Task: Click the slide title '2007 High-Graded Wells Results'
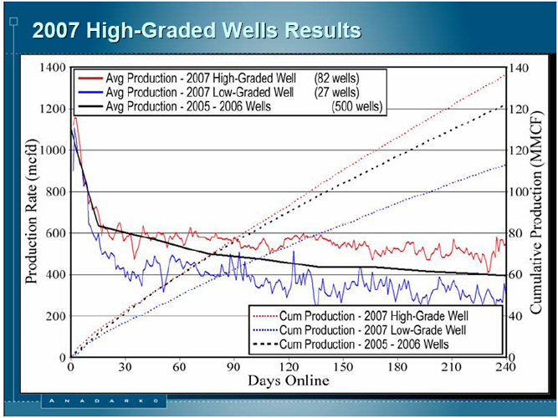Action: [197, 30]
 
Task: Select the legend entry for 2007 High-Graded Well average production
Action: [187, 79]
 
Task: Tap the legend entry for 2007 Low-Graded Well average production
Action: [186, 93]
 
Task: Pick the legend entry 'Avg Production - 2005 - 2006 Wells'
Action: [174, 106]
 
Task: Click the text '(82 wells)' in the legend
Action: [336, 79]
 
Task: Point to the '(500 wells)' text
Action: [357, 106]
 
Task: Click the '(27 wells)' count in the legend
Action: [336, 93]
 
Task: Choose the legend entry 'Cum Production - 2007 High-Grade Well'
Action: [360, 316]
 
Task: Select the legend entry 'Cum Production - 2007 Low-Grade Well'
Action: [359, 330]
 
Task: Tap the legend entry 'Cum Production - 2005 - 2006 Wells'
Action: [351, 344]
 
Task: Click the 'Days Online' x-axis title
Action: [289, 380]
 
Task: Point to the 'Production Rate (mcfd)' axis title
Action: [32, 212]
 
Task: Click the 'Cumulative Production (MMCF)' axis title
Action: [536, 212]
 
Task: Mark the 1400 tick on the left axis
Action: [53, 67]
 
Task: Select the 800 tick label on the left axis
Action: [56, 191]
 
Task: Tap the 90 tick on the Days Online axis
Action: [233, 367]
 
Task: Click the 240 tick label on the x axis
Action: [505, 367]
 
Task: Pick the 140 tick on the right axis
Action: [519, 68]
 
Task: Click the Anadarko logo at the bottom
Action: [104, 401]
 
